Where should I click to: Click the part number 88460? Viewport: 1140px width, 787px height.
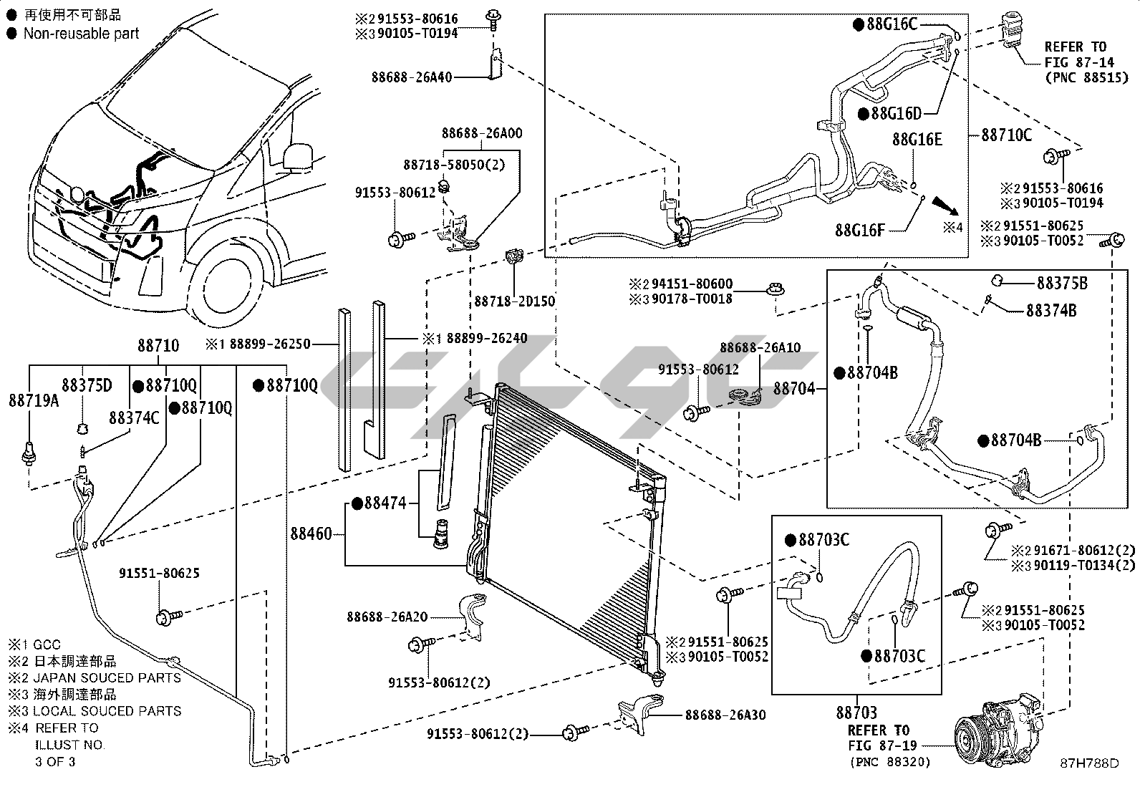pos(311,534)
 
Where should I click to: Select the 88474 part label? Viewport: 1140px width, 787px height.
pos(385,503)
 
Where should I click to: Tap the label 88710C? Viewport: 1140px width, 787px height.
pos(1006,135)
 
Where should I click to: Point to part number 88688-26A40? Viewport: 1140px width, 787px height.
pos(412,77)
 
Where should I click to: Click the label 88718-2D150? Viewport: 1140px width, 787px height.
pos(514,301)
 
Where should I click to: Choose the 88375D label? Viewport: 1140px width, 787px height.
pos(87,385)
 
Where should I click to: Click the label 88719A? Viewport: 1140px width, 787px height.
pos(34,400)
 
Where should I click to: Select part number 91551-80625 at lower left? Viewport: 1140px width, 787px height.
pos(159,574)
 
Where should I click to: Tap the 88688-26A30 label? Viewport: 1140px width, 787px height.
pos(725,715)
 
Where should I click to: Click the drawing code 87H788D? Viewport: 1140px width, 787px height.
pos(1089,763)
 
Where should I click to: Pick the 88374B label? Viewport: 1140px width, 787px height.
pos(1050,311)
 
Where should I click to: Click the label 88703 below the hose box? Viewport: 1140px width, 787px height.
pos(856,713)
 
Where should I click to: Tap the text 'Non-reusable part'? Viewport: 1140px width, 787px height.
pos(81,33)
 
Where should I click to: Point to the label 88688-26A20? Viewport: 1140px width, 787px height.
pos(387,617)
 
